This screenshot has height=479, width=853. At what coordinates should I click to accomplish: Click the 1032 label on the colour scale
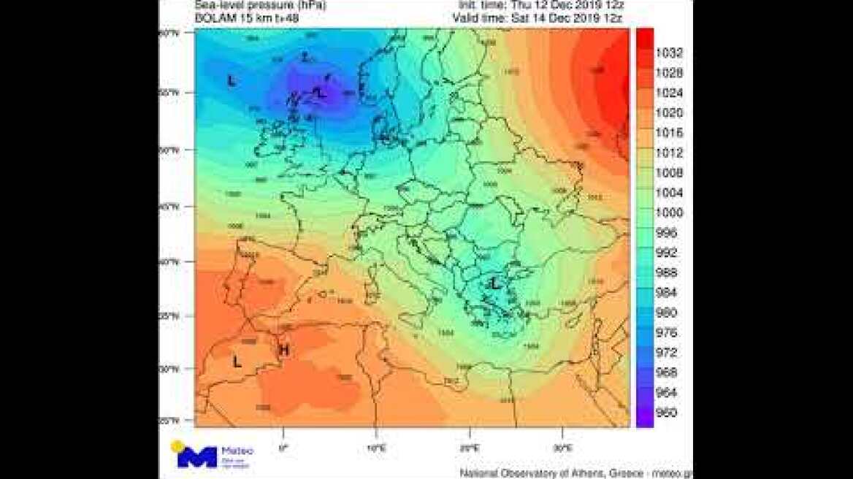[x=669, y=53]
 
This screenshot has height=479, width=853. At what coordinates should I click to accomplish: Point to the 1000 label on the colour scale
[x=669, y=212]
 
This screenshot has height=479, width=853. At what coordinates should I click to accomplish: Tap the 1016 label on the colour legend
[x=669, y=133]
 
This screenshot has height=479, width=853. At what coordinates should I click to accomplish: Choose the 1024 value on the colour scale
[x=669, y=93]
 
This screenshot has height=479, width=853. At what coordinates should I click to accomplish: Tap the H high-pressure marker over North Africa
[x=284, y=351]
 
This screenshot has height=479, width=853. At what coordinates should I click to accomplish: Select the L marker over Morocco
[x=237, y=361]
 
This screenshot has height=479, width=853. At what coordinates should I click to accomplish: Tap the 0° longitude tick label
[x=284, y=447]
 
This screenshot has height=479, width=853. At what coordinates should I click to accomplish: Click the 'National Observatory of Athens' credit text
[x=555, y=473]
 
